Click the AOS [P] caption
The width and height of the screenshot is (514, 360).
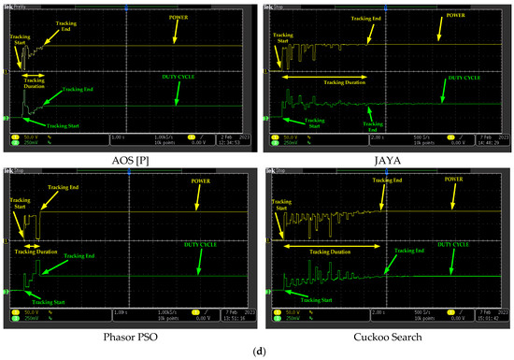pos(126,159)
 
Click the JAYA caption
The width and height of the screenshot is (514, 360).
pos(385,159)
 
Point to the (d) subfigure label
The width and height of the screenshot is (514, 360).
pos(256,351)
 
